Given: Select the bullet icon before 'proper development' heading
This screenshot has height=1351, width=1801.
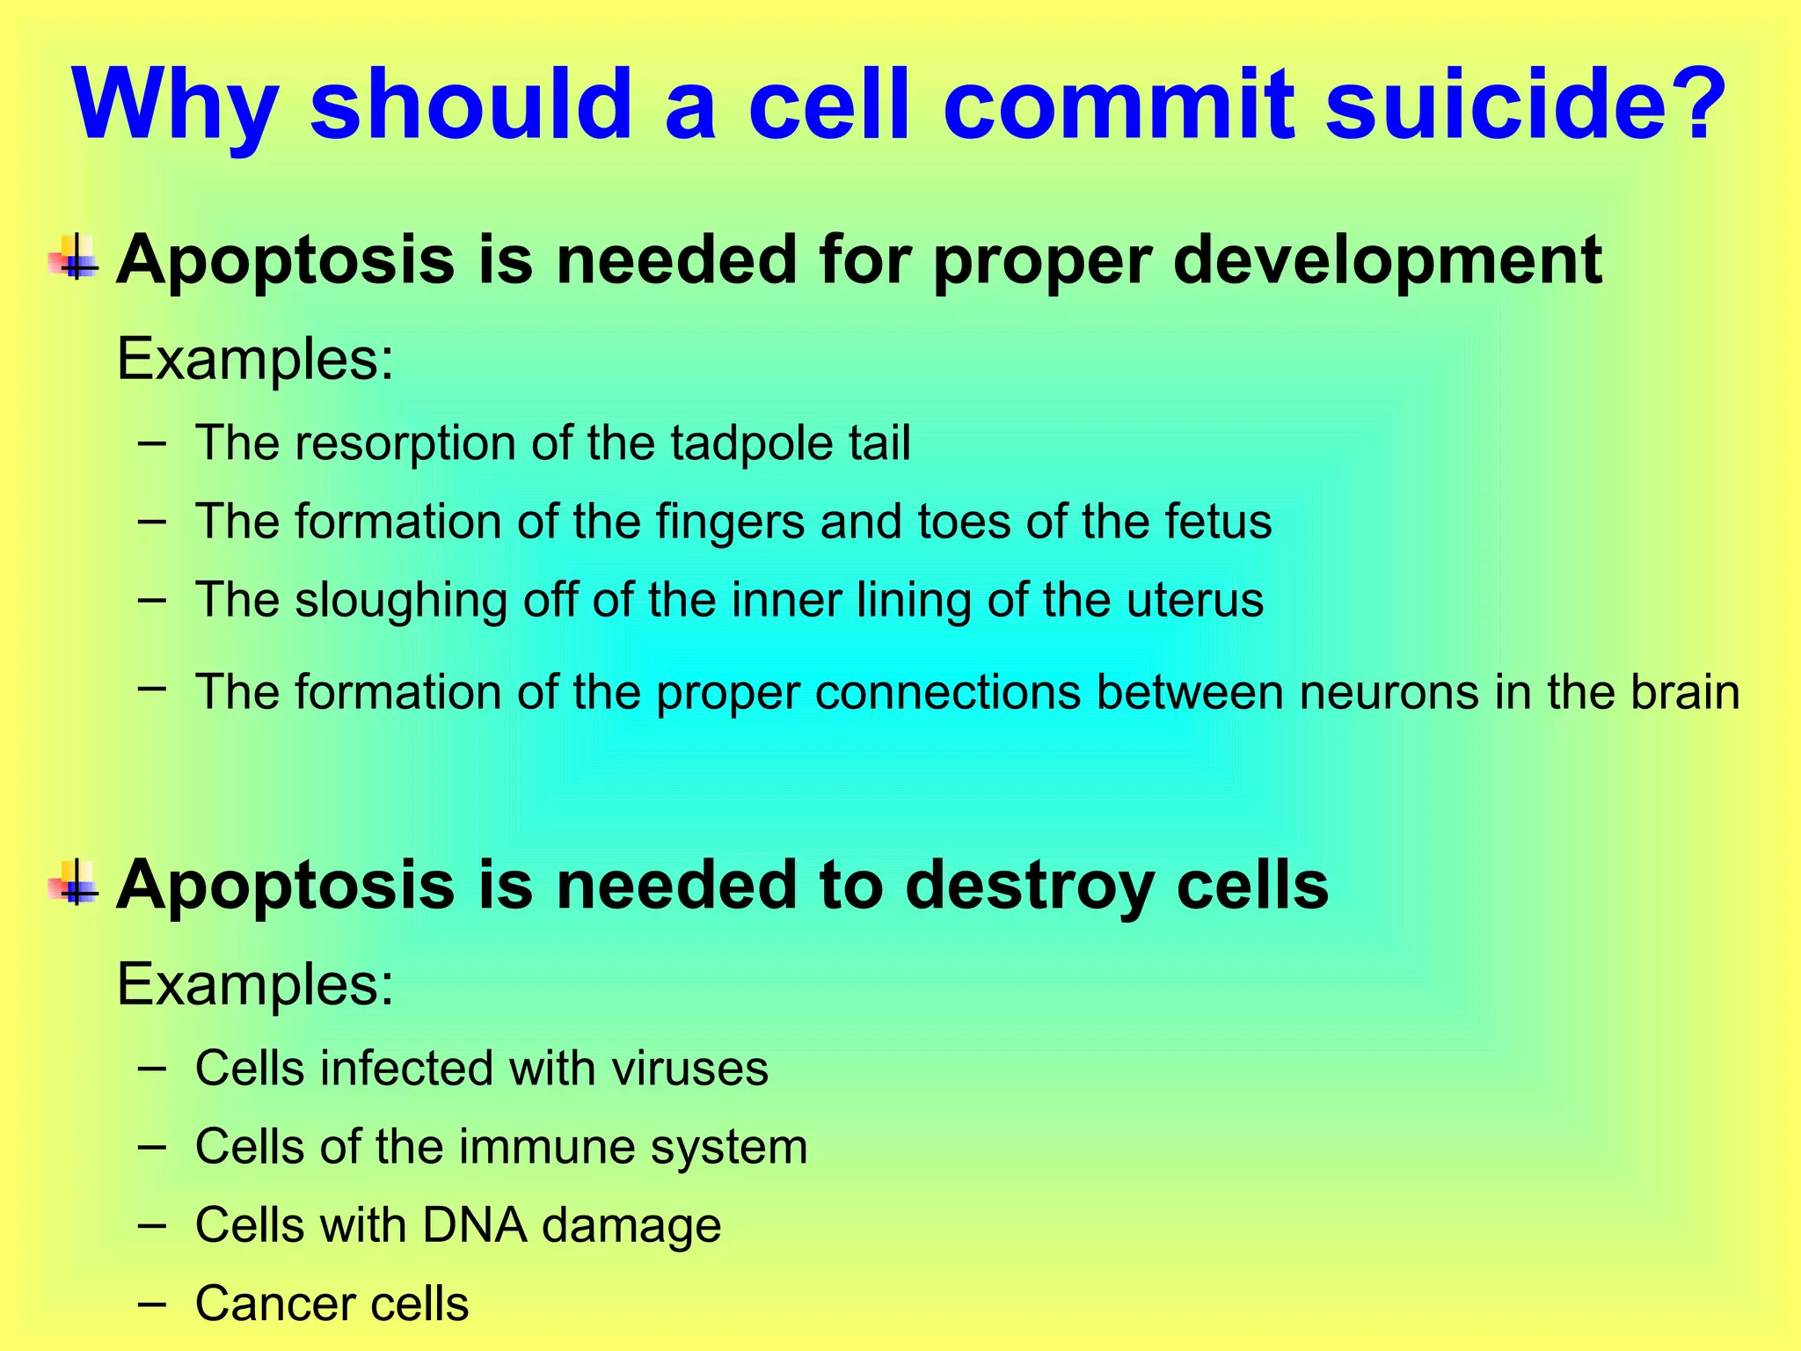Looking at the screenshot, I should coord(76,258).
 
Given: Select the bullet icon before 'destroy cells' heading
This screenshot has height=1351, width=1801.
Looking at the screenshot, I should coord(76,882).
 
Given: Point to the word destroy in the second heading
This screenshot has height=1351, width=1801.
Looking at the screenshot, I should coord(1029,886).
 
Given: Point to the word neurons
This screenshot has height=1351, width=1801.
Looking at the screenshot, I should coord(1389,693).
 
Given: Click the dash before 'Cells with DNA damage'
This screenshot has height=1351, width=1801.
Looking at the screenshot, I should coord(151,1224).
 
